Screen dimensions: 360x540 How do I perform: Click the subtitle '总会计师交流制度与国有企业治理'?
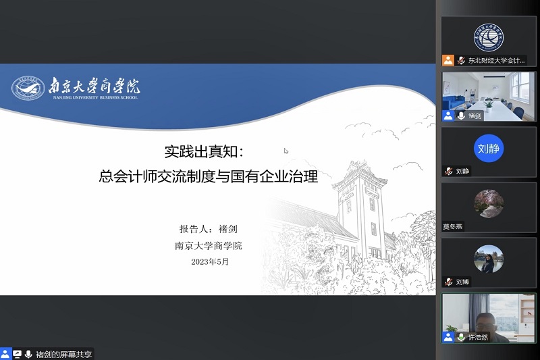click(208, 177)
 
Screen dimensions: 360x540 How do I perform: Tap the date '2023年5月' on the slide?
click(210, 262)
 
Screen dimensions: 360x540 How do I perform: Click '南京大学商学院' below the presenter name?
click(208, 246)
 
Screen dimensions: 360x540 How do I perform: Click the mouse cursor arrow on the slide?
click(286, 151)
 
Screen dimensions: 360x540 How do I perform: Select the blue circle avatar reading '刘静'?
click(489, 149)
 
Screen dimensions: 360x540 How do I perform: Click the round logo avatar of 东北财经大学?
click(489, 37)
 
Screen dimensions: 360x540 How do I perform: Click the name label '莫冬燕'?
click(454, 227)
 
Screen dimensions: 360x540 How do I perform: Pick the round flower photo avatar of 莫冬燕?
click(489, 203)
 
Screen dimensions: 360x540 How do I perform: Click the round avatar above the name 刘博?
click(489, 258)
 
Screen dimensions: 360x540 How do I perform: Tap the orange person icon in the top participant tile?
click(448, 60)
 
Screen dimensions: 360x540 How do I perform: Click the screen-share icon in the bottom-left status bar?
click(18, 353)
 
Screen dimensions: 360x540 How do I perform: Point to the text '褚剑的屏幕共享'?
click(64, 353)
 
